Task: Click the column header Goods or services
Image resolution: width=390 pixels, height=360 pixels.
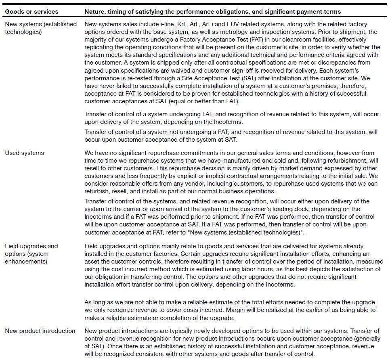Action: (31, 12)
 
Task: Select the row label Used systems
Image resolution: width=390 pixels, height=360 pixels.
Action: (24, 153)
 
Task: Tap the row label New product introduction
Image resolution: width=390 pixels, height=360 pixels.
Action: (40, 331)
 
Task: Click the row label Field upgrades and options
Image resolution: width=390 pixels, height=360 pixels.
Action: (31, 253)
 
